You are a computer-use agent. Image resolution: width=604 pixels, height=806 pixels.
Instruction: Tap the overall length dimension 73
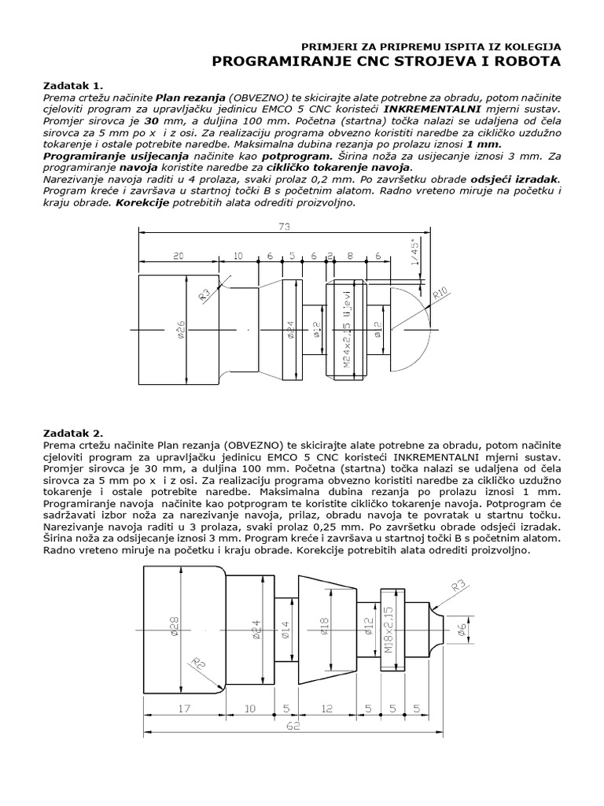pos(284,227)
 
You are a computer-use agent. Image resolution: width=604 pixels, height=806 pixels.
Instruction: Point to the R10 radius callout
pos(442,296)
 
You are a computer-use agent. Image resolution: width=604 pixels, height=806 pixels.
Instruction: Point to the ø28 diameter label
pos(175,626)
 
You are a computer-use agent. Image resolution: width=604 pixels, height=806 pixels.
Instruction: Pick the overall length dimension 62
pos(293,727)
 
